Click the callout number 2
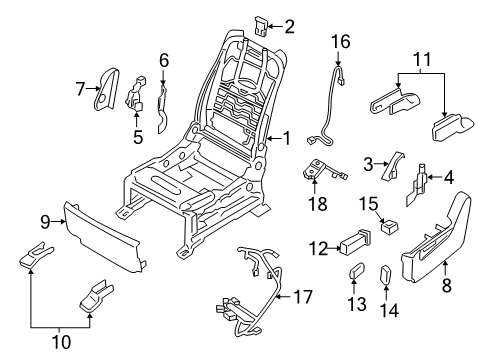coord(289,27)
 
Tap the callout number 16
coord(342,42)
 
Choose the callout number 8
coord(446,285)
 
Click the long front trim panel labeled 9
coord(105,235)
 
